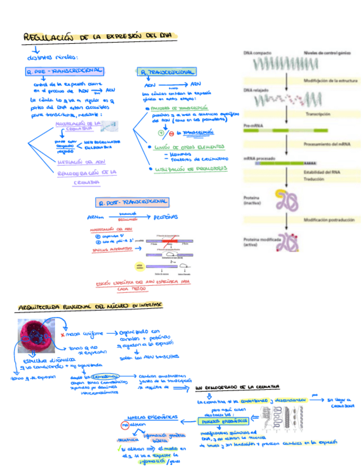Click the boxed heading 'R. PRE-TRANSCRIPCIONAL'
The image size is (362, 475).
click(64, 71)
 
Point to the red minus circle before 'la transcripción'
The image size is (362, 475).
click(171, 133)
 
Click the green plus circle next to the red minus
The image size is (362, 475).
click(161, 133)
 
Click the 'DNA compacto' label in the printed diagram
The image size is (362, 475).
click(257, 53)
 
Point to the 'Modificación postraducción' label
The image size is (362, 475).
click(328, 221)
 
